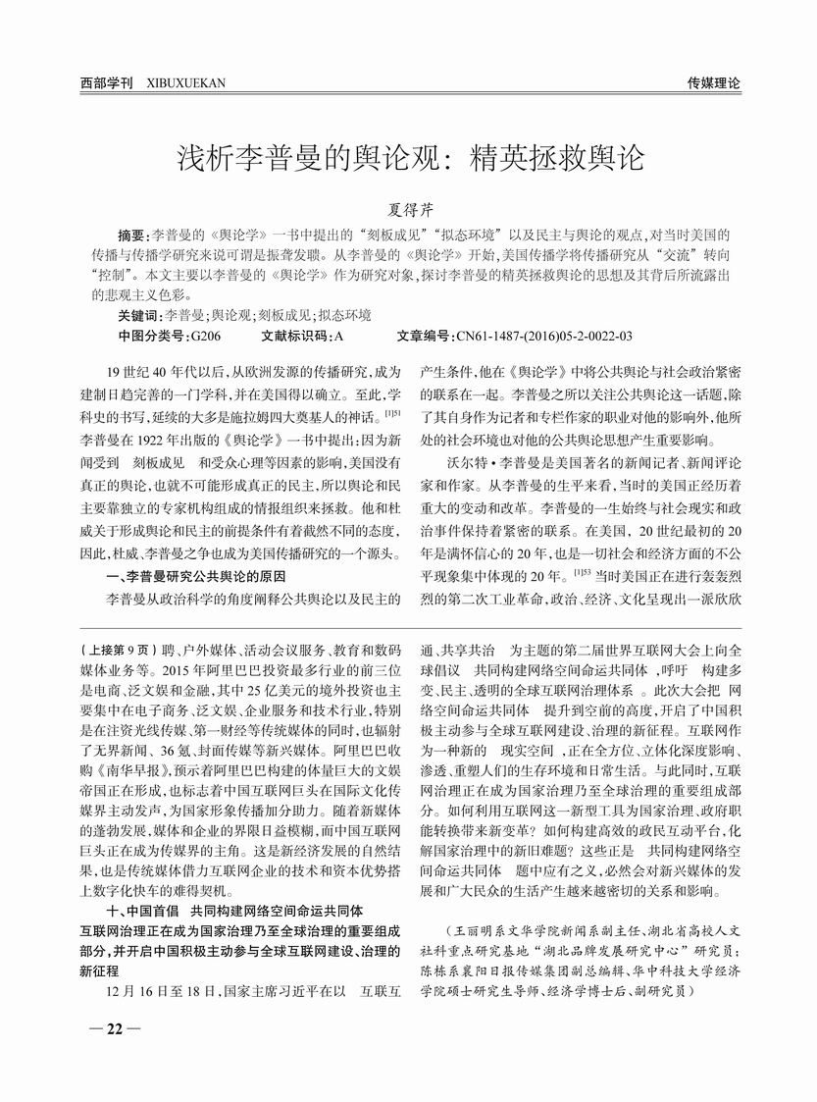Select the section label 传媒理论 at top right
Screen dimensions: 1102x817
coord(713,84)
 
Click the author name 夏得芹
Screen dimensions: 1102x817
coord(408,210)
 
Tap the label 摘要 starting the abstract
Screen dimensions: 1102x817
coord(130,236)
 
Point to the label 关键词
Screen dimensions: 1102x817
coord(137,316)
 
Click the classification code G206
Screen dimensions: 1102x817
coord(205,336)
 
